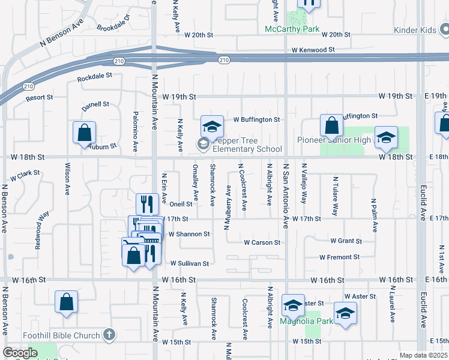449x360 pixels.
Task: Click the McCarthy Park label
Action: pyautogui.click(x=292, y=29)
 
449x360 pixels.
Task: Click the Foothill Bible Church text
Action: pyautogui.click(x=61, y=335)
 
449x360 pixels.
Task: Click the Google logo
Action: pyautogui.click(x=20, y=353)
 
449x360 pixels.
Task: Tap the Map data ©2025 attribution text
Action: pyautogui.click(x=424, y=355)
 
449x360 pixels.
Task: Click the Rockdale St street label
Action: pyautogui.click(x=95, y=77)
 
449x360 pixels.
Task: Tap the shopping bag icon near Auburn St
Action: pyautogui.click(x=85, y=133)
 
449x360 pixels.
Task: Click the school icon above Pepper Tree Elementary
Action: pyautogui.click(x=212, y=126)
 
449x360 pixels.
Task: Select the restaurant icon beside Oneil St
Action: pyautogui.click(x=146, y=204)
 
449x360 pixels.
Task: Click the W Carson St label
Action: pyautogui.click(x=262, y=242)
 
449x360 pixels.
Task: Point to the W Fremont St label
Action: pyautogui.click(x=339, y=257)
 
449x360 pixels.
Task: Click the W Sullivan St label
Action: pyautogui.click(x=189, y=263)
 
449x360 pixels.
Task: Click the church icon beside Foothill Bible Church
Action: pyautogui.click(x=109, y=334)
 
